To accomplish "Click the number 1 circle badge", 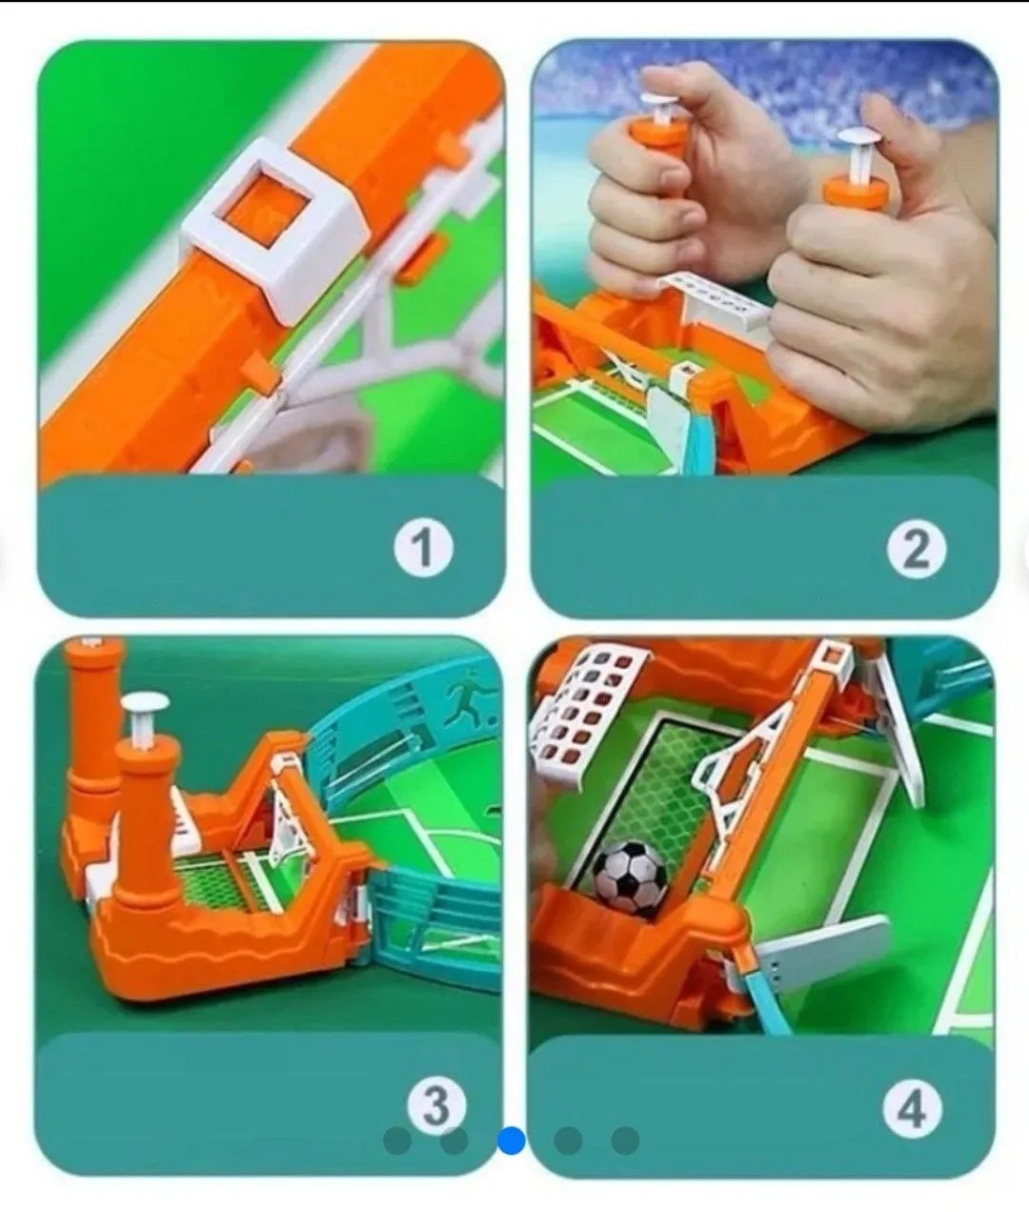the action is click(x=423, y=548).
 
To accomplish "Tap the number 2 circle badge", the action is click(x=917, y=550).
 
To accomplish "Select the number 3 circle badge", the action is click(x=436, y=1106).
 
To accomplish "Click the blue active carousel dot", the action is click(x=512, y=1141).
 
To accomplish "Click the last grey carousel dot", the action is click(x=625, y=1141).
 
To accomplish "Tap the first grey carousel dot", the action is click(x=397, y=1141).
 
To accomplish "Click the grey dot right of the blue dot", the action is click(x=568, y=1141).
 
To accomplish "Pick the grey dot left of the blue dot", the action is click(x=454, y=1141).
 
